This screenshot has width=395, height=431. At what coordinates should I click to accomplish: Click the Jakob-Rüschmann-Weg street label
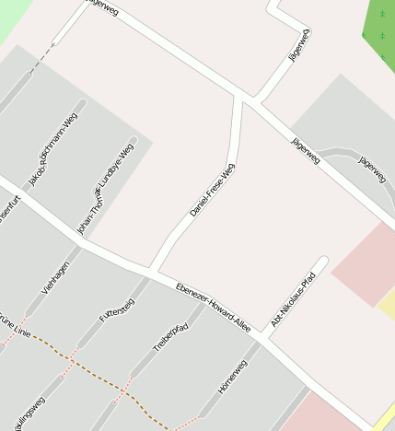[52, 148]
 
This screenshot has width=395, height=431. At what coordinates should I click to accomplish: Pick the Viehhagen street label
[55, 277]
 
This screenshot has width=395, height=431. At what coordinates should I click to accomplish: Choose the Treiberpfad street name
[169, 336]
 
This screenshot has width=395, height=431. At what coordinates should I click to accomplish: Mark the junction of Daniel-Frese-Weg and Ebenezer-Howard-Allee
[152, 269]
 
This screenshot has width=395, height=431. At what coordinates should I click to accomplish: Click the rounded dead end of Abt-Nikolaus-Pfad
[321, 262]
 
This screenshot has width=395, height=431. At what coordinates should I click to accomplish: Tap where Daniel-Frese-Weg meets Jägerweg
[243, 99]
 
